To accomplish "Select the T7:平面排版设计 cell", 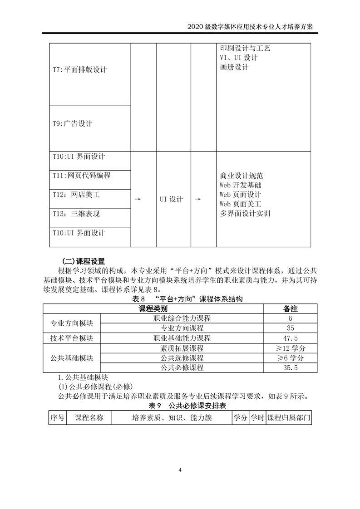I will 80,70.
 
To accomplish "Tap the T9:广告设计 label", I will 73,123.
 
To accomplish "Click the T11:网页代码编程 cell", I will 82,175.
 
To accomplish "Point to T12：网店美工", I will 76,195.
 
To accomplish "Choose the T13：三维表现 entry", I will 76,214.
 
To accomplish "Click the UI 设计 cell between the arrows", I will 171,199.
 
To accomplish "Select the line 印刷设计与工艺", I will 245,48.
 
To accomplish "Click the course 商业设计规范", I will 242,176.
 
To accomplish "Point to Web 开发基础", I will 240,185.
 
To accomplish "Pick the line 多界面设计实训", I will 245,214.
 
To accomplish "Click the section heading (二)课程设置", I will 83,261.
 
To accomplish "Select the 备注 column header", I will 290,308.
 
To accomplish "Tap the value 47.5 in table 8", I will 290,338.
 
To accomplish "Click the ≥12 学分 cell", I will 290,348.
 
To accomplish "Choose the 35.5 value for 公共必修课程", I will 290,368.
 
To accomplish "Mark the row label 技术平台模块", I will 72,338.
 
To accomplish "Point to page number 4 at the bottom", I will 180,470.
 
